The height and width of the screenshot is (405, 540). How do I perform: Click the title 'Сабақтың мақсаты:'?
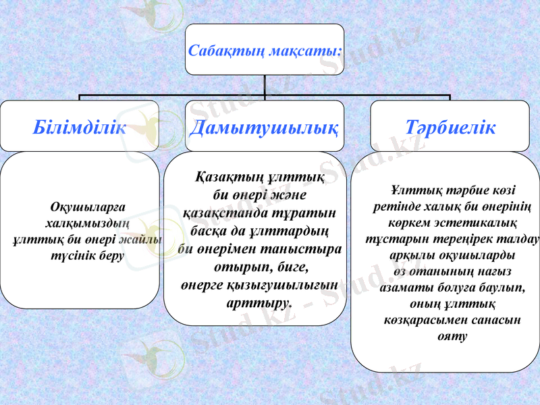tap(264, 51)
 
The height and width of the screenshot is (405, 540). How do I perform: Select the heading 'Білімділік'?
tap(80, 128)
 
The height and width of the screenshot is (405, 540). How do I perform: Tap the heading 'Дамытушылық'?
tap(264, 128)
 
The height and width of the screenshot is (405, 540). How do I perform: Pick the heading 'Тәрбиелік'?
tap(450, 128)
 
